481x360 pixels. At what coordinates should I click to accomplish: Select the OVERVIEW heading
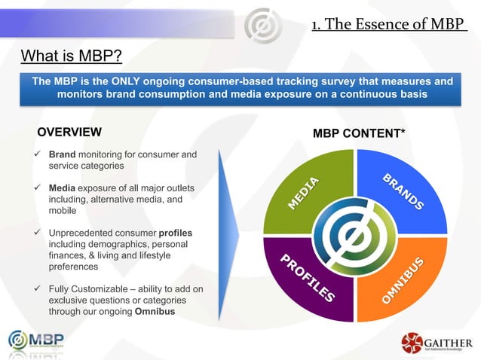tap(69, 133)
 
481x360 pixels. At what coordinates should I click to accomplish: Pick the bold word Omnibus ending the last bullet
tap(156, 312)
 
